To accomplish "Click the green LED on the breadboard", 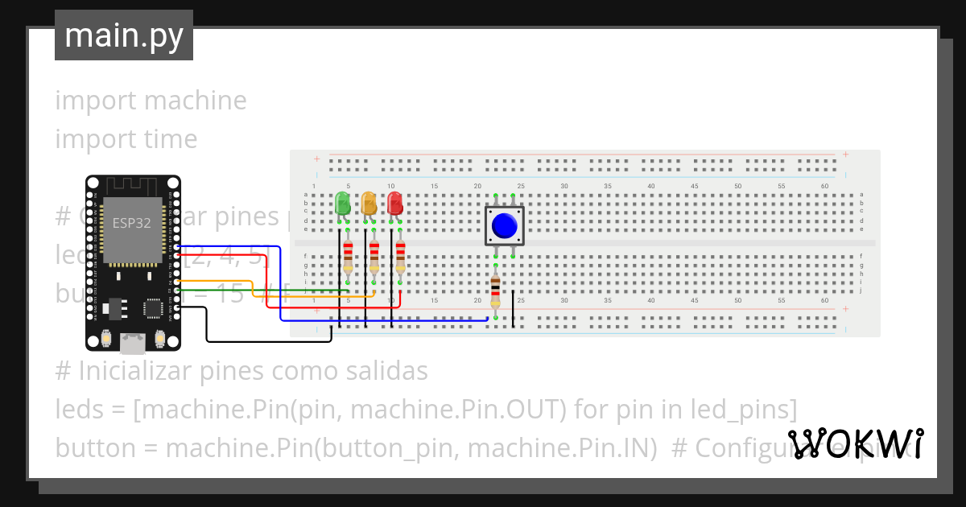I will coord(342,203).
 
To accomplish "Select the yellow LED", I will coord(369,203).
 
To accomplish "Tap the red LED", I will coord(394,203).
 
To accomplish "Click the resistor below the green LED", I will coord(348,258).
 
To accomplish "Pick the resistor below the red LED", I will coord(400,258).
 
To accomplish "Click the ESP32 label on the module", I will coord(131,223).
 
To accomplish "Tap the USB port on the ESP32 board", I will coord(132,344).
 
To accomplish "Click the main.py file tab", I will coord(124,35).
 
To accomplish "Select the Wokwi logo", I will coord(855,443).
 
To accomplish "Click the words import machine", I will coord(151,101).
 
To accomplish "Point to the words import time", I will coord(126,139).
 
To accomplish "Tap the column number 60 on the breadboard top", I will coord(824,187).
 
